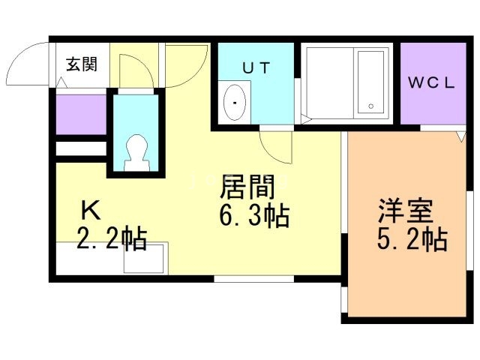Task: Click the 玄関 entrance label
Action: point(82,64)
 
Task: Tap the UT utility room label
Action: point(256,68)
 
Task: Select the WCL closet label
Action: point(432,82)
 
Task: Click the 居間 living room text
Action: point(247,187)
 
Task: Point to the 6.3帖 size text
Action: point(254,216)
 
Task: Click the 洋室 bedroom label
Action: point(406,211)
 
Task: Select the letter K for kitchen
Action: point(91,210)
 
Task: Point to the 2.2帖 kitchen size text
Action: point(112,238)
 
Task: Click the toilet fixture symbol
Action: point(136,152)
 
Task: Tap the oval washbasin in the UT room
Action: point(235,103)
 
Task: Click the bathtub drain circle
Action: point(371,106)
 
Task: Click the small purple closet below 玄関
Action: point(81,115)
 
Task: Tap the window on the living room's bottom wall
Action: point(253,278)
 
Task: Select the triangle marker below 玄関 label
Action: point(61,82)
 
